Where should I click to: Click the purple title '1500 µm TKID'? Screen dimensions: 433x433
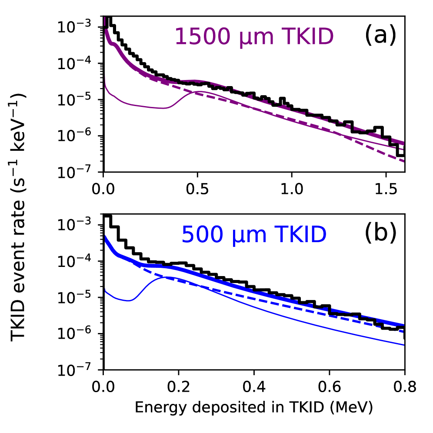(x=254, y=37)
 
